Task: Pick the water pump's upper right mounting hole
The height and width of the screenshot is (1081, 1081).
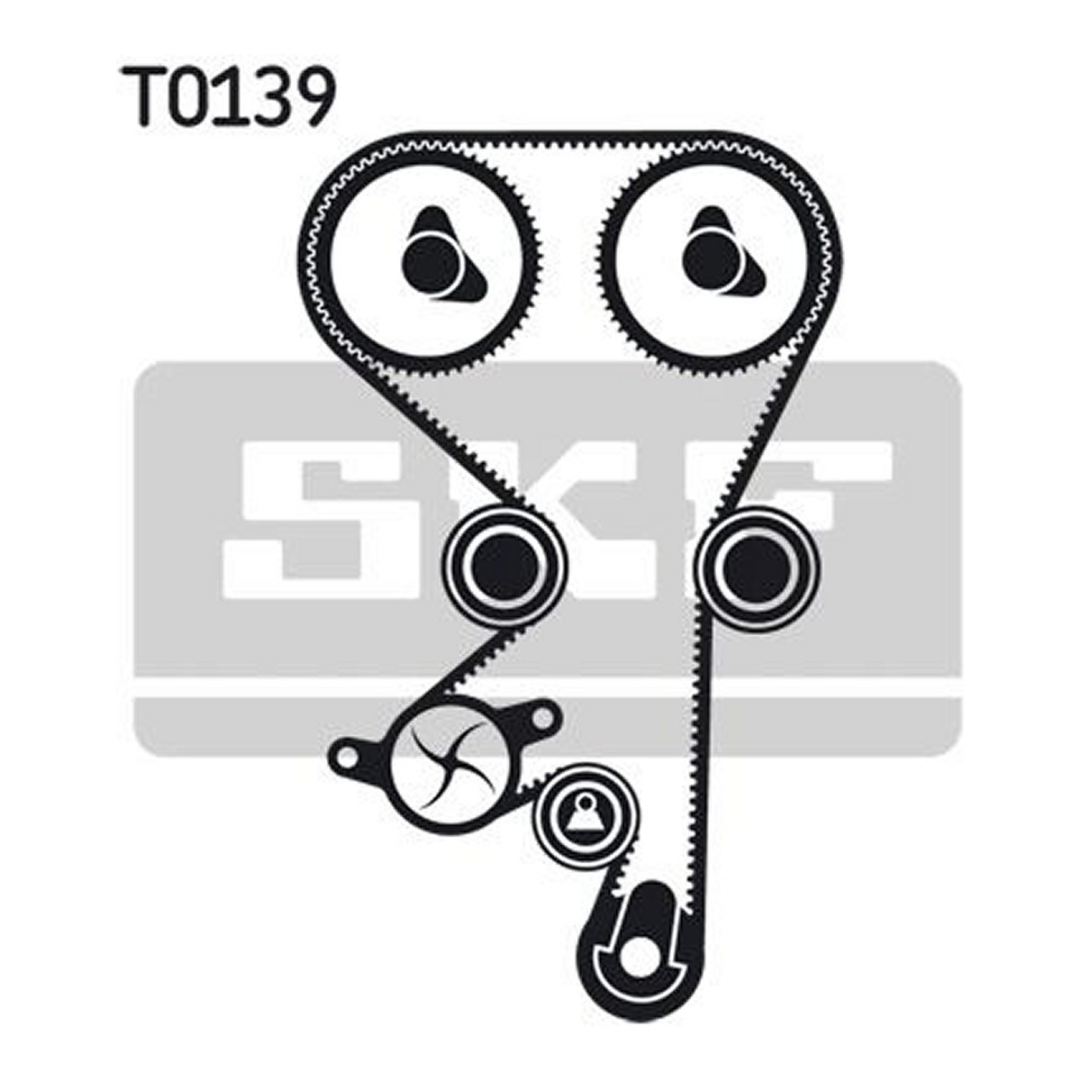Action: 541,716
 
